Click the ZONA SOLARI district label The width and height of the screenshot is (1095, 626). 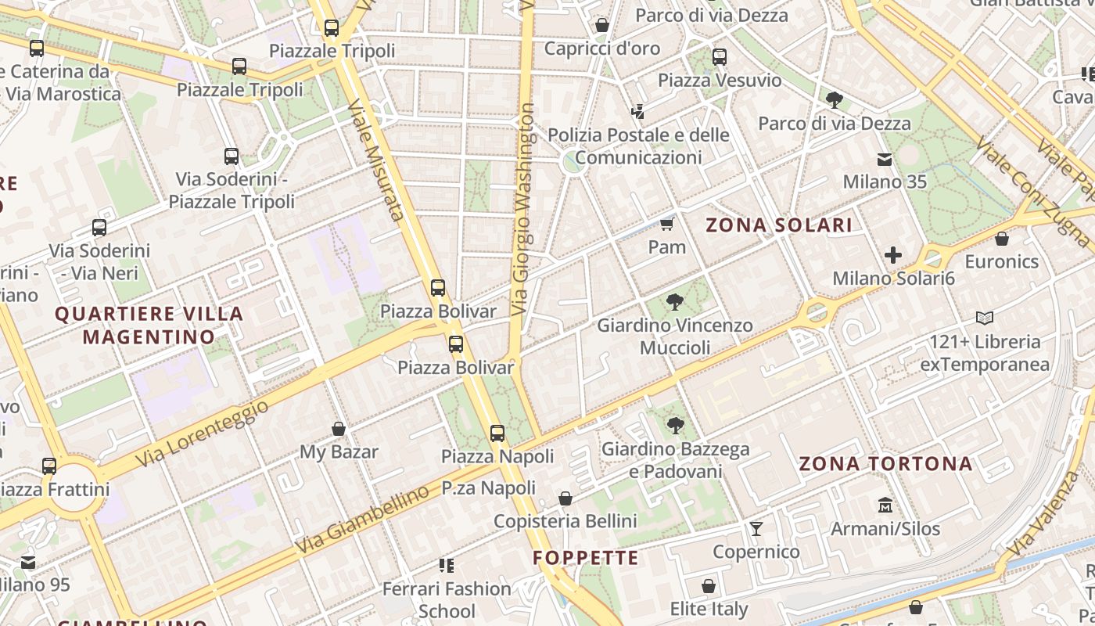point(779,225)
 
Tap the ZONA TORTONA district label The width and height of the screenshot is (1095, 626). point(885,463)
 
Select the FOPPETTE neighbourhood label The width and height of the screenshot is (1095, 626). point(586,558)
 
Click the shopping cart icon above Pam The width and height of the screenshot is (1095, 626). point(666,225)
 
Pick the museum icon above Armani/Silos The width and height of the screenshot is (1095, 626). point(885,505)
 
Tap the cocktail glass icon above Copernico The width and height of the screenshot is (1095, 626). point(756,529)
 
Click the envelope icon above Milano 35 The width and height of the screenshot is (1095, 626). point(885,160)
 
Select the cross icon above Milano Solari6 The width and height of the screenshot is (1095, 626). point(893,255)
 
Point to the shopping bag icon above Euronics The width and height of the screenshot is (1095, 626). point(1002,239)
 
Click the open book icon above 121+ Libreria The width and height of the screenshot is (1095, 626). point(985,318)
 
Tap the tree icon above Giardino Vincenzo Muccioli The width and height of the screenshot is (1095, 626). point(674,302)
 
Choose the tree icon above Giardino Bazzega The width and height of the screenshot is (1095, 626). point(676,426)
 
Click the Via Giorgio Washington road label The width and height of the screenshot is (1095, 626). point(524,210)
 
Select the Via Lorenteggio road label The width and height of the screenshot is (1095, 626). point(202,434)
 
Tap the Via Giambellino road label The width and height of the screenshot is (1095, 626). point(363,520)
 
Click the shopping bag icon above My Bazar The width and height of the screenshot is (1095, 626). point(339,429)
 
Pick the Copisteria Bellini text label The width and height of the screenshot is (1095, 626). point(565,521)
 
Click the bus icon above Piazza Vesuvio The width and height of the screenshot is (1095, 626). point(719,57)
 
